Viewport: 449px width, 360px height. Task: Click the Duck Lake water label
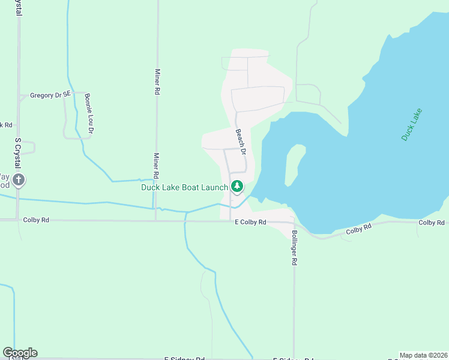[x=412, y=124]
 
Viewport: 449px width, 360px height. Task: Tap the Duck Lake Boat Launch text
[x=184, y=187]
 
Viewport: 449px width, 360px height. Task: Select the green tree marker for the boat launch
[x=237, y=187]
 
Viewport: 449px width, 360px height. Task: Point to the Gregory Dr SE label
[x=50, y=95]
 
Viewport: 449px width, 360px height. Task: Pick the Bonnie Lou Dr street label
[x=89, y=113]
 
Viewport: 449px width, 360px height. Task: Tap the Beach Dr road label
[x=241, y=142]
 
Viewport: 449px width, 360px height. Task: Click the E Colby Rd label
[x=250, y=223]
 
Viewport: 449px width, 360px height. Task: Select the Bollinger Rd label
[x=295, y=248]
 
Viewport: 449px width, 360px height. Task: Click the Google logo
[x=20, y=352]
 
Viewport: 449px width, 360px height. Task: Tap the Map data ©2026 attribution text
[x=423, y=355]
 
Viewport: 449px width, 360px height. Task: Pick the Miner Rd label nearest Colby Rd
[x=156, y=166]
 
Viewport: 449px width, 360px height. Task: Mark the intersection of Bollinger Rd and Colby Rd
[x=294, y=223]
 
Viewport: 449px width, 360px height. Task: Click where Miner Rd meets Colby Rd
[x=156, y=220]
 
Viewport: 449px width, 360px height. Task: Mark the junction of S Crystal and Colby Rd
[x=18, y=220]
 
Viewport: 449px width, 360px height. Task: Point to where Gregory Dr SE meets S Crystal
[x=19, y=95]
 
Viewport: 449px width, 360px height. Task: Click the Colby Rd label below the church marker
[x=35, y=220]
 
